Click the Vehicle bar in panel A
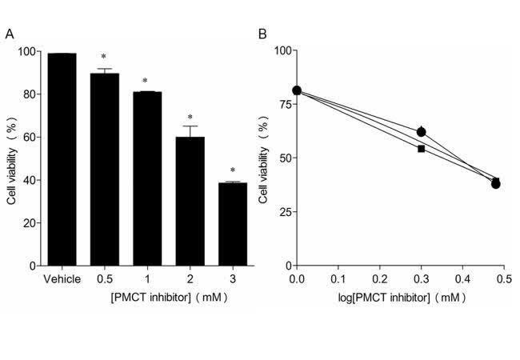click(62, 160)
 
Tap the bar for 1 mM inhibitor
click(146, 179)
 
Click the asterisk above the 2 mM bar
click(190, 118)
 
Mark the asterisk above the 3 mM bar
click(232, 171)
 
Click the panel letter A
click(9, 34)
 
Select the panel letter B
click(262, 34)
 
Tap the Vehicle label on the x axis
click(61, 279)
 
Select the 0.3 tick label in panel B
click(421, 280)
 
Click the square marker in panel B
click(421, 149)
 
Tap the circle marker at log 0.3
click(421, 131)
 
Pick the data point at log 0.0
click(297, 90)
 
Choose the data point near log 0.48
click(496, 183)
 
